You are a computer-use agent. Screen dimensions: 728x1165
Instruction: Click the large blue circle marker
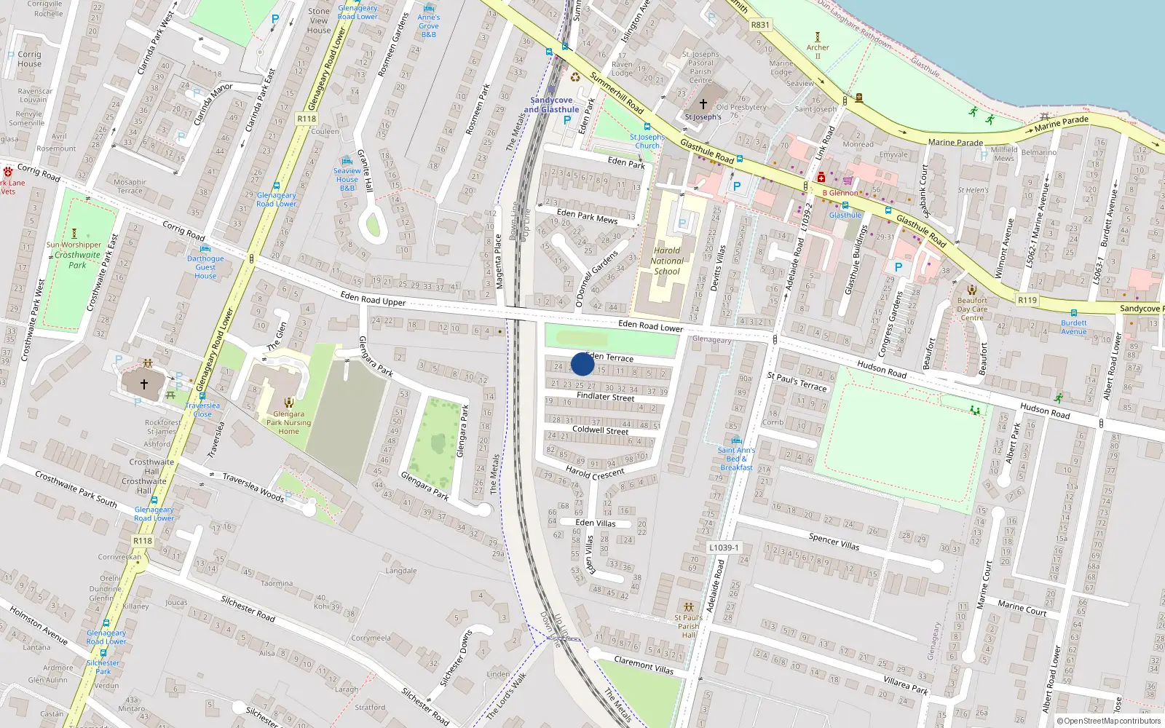click(x=582, y=364)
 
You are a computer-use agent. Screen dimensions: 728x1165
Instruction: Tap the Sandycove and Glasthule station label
click(x=551, y=105)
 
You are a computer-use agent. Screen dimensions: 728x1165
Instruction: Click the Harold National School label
click(x=666, y=261)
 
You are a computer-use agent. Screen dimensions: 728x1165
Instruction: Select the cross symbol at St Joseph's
click(x=703, y=104)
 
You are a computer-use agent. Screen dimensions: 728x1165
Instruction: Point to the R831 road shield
click(x=759, y=25)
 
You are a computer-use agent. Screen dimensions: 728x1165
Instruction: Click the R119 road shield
click(x=1027, y=300)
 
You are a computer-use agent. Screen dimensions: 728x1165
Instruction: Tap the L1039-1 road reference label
click(x=724, y=547)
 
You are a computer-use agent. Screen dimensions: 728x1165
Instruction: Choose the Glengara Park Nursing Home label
click(x=288, y=422)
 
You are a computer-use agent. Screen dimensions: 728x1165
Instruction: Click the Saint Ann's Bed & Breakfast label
click(x=736, y=459)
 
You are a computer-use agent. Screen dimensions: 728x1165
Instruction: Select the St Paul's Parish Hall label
click(x=688, y=626)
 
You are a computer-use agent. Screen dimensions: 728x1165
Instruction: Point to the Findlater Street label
click(x=605, y=397)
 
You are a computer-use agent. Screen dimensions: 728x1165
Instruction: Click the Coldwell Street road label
click(x=600, y=430)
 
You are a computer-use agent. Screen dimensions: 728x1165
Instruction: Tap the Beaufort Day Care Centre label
click(x=972, y=309)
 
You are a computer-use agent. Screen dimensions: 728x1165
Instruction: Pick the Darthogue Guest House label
click(x=205, y=267)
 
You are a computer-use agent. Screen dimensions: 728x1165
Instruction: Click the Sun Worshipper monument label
click(x=74, y=245)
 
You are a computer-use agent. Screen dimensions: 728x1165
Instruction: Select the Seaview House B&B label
click(x=347, y=179)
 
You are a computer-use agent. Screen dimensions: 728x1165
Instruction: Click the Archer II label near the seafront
click(x=818, y=52)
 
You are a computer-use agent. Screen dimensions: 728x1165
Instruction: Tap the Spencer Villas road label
click(x=834, y=542)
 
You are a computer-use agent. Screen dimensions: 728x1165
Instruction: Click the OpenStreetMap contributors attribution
click(x=1109, y=721)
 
